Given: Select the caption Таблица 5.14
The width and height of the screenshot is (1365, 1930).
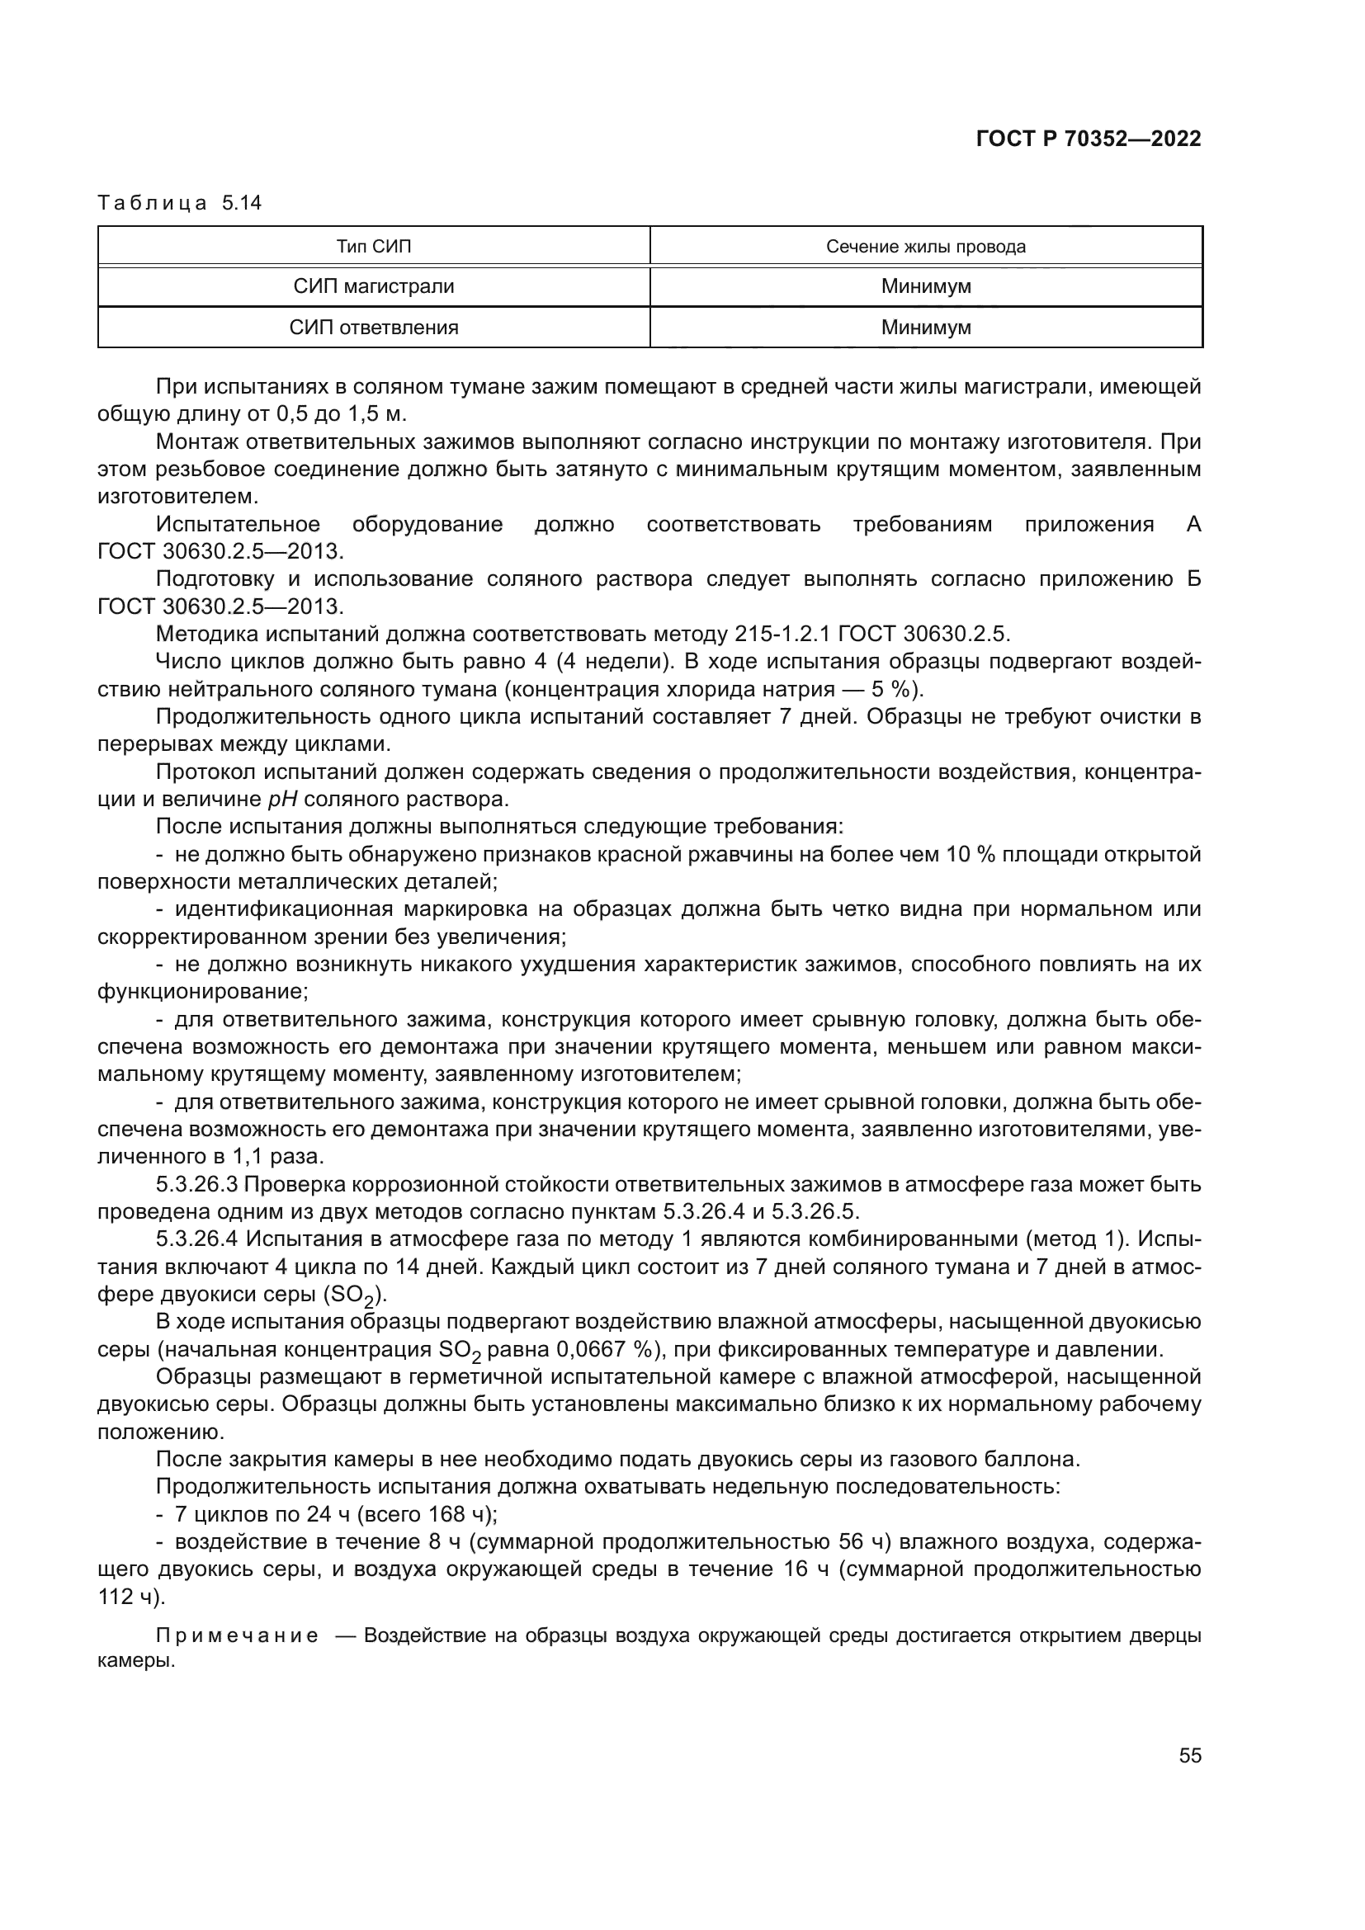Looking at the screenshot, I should point(180,204).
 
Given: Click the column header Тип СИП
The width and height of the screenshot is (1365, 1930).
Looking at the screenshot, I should point(374,246).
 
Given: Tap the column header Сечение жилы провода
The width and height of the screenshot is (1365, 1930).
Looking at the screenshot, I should point(925,246).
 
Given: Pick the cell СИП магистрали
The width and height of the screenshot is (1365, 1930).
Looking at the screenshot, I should point(374,286).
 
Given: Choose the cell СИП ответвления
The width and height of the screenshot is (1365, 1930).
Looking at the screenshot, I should point(374,328).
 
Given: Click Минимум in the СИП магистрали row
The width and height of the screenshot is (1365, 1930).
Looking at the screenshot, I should point(925,286).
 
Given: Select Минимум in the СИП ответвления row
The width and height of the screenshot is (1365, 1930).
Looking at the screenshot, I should point(925,328).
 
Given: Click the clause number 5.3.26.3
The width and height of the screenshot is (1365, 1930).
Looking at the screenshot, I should point(197,1184).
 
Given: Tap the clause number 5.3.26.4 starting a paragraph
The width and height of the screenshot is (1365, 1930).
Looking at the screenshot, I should point(197,1239).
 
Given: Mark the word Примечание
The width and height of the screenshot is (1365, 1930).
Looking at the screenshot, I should point(238,1635).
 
